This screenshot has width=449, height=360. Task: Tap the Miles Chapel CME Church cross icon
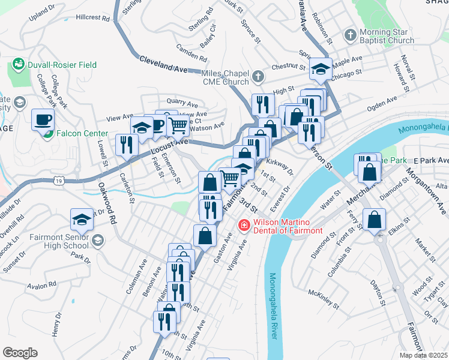(x=258, y=76)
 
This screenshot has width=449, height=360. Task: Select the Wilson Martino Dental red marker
(x=244, y=226)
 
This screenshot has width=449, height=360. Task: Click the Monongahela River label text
(x=273, y=305)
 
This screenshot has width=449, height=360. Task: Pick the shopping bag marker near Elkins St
(x=375, y=220)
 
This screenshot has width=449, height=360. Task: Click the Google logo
(x=20, y=352)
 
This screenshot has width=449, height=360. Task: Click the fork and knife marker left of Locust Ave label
(x=127, y=145)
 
